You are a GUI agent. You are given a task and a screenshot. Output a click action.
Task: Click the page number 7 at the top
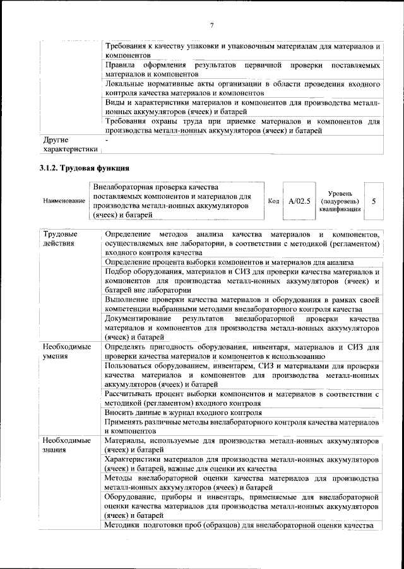(x=211, y=25)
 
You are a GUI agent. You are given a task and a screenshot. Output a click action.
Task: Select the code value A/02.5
(x=299, y=201)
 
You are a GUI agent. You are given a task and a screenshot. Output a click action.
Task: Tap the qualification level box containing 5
(x=374, y=201)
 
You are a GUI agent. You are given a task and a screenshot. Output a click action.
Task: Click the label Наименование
(x=64, y=201)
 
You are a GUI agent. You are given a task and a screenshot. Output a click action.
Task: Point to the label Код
(x=273, y=201)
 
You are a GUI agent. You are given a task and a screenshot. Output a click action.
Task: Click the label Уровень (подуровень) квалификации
(x=340, y=201)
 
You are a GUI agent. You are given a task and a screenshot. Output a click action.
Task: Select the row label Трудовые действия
(x=61, y=238)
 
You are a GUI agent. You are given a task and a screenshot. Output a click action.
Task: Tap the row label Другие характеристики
(x=69, y=144)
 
